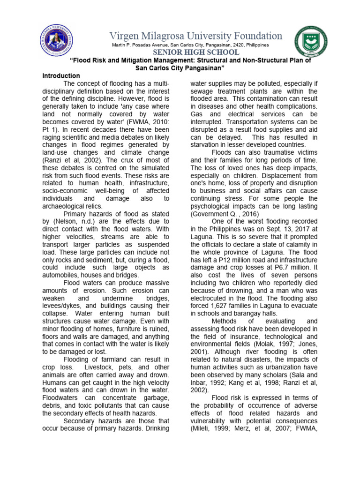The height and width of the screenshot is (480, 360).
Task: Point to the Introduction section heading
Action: [x=61, y=76]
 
